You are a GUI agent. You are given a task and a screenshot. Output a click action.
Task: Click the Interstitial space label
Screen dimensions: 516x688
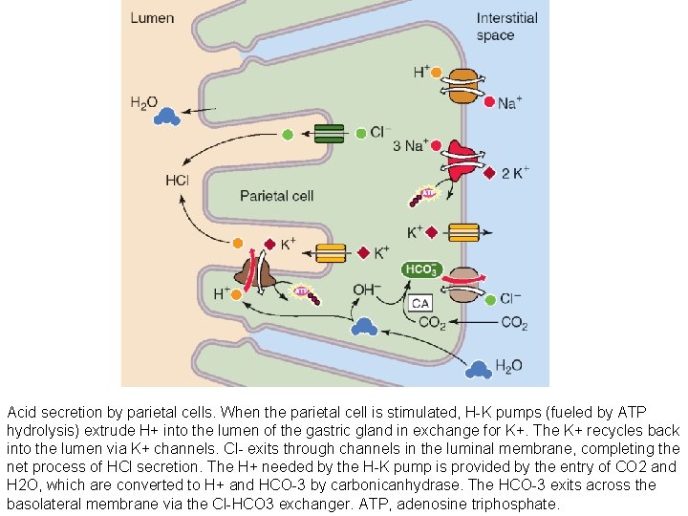(x=507, y=27)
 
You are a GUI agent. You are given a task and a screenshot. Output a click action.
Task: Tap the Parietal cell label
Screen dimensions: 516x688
(x=276, y=196)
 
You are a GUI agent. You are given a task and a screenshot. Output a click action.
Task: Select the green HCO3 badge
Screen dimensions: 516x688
(x=421, y=270)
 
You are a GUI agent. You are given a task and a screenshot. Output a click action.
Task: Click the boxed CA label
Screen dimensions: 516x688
(x=421, y=303)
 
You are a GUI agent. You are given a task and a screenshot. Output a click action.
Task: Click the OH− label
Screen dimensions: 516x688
(x=368, y=289)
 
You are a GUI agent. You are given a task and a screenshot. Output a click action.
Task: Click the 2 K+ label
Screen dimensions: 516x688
(x=517, y=174)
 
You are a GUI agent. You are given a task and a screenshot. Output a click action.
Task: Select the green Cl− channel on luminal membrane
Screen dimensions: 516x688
(x=328, y=134)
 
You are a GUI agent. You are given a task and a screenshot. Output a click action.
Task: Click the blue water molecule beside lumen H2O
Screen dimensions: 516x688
(x=168, y=116)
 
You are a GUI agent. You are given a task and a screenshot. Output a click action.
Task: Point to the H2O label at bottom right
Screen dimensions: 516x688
(x=508, y=365)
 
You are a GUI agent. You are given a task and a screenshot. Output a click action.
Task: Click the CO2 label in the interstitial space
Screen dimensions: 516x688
(x=514, y=323)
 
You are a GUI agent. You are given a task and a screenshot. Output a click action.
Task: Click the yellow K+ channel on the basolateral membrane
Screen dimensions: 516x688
(x=462, y=232)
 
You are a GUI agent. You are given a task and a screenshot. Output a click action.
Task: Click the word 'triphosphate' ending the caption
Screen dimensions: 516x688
(x=516, y=504)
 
